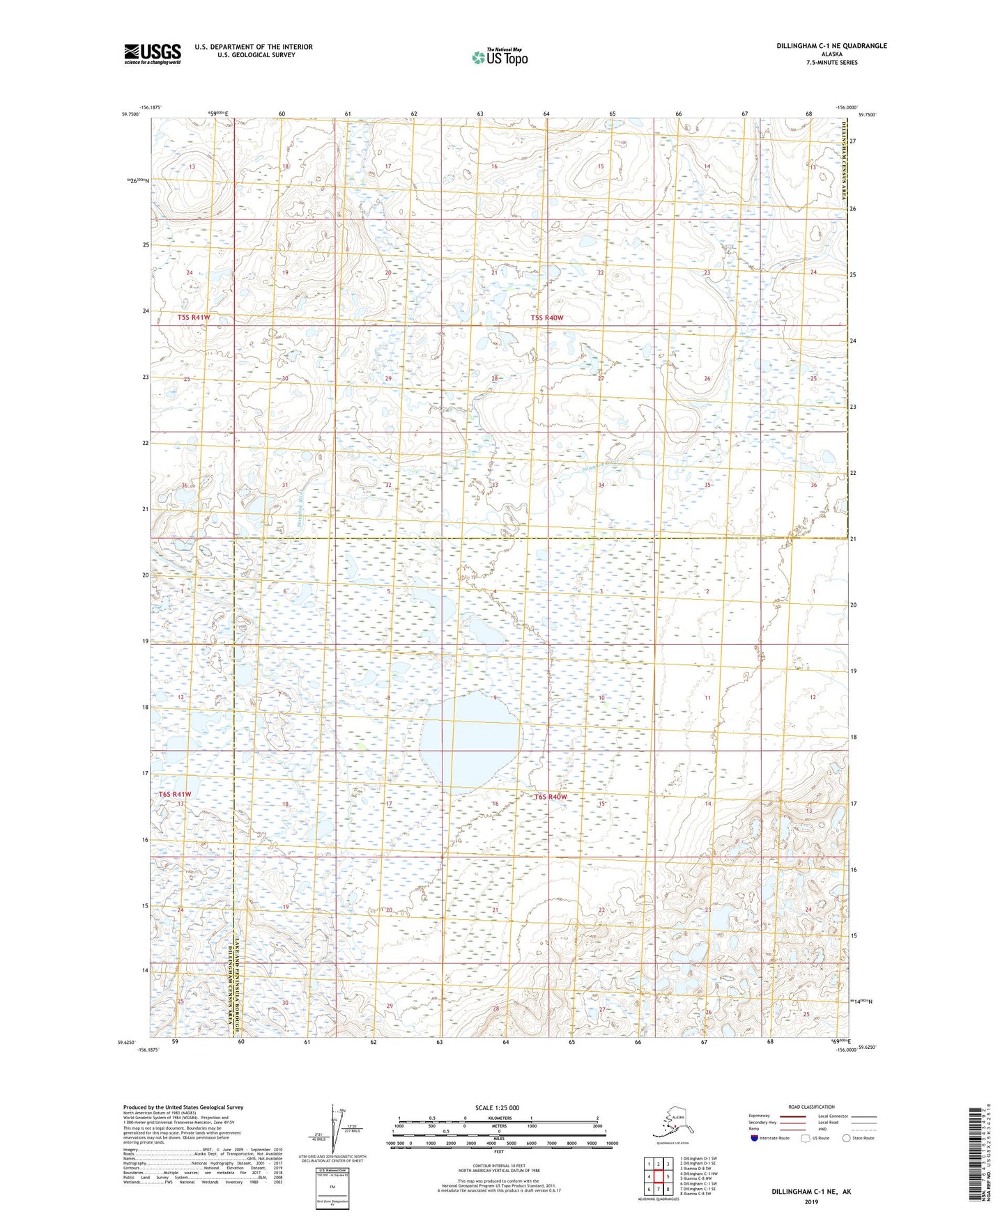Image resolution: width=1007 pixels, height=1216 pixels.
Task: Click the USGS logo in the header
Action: pos(153,54)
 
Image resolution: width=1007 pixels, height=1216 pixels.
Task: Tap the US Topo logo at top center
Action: pos(499,56)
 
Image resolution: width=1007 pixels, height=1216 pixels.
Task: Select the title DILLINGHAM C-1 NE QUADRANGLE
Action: pos(831,46)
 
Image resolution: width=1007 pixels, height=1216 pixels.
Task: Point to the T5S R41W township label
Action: pos(194,318)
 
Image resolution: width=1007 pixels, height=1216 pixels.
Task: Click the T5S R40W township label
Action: pos(547,318)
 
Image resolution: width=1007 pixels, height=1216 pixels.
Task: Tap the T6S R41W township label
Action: pos(174,794)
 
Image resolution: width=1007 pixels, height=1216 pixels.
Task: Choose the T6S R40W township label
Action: pos(551,797)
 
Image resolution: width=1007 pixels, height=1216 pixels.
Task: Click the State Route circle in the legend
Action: pos(847,1138)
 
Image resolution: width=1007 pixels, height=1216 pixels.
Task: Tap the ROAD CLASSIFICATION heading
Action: pos(811,1107)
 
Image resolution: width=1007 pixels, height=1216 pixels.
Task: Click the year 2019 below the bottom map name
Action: pos(811,1201)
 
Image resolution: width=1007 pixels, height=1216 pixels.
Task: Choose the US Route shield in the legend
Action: pos(807,1138)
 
